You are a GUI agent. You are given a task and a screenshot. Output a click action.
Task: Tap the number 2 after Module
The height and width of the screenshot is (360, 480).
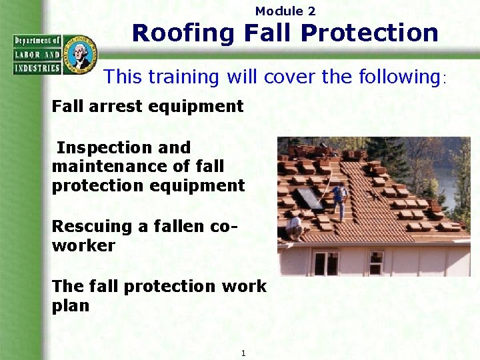[311, 11]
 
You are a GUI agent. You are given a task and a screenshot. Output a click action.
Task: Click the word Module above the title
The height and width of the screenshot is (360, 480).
[278, 11]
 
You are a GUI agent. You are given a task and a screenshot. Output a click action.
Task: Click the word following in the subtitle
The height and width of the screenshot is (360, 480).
[398, 77]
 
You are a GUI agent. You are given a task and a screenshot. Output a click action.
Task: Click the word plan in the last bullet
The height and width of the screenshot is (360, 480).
[70, 306]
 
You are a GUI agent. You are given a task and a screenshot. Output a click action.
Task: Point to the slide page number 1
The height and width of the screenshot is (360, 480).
[243, 353]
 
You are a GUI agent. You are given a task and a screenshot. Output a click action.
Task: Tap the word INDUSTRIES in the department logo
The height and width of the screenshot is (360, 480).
[37, 67]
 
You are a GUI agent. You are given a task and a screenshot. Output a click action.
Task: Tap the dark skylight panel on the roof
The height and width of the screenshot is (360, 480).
[309, 198]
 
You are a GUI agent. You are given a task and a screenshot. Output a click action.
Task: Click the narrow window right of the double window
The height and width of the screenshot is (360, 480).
[376, 262]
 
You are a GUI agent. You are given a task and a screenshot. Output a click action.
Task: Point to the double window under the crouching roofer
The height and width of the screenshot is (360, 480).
[326, 263]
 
